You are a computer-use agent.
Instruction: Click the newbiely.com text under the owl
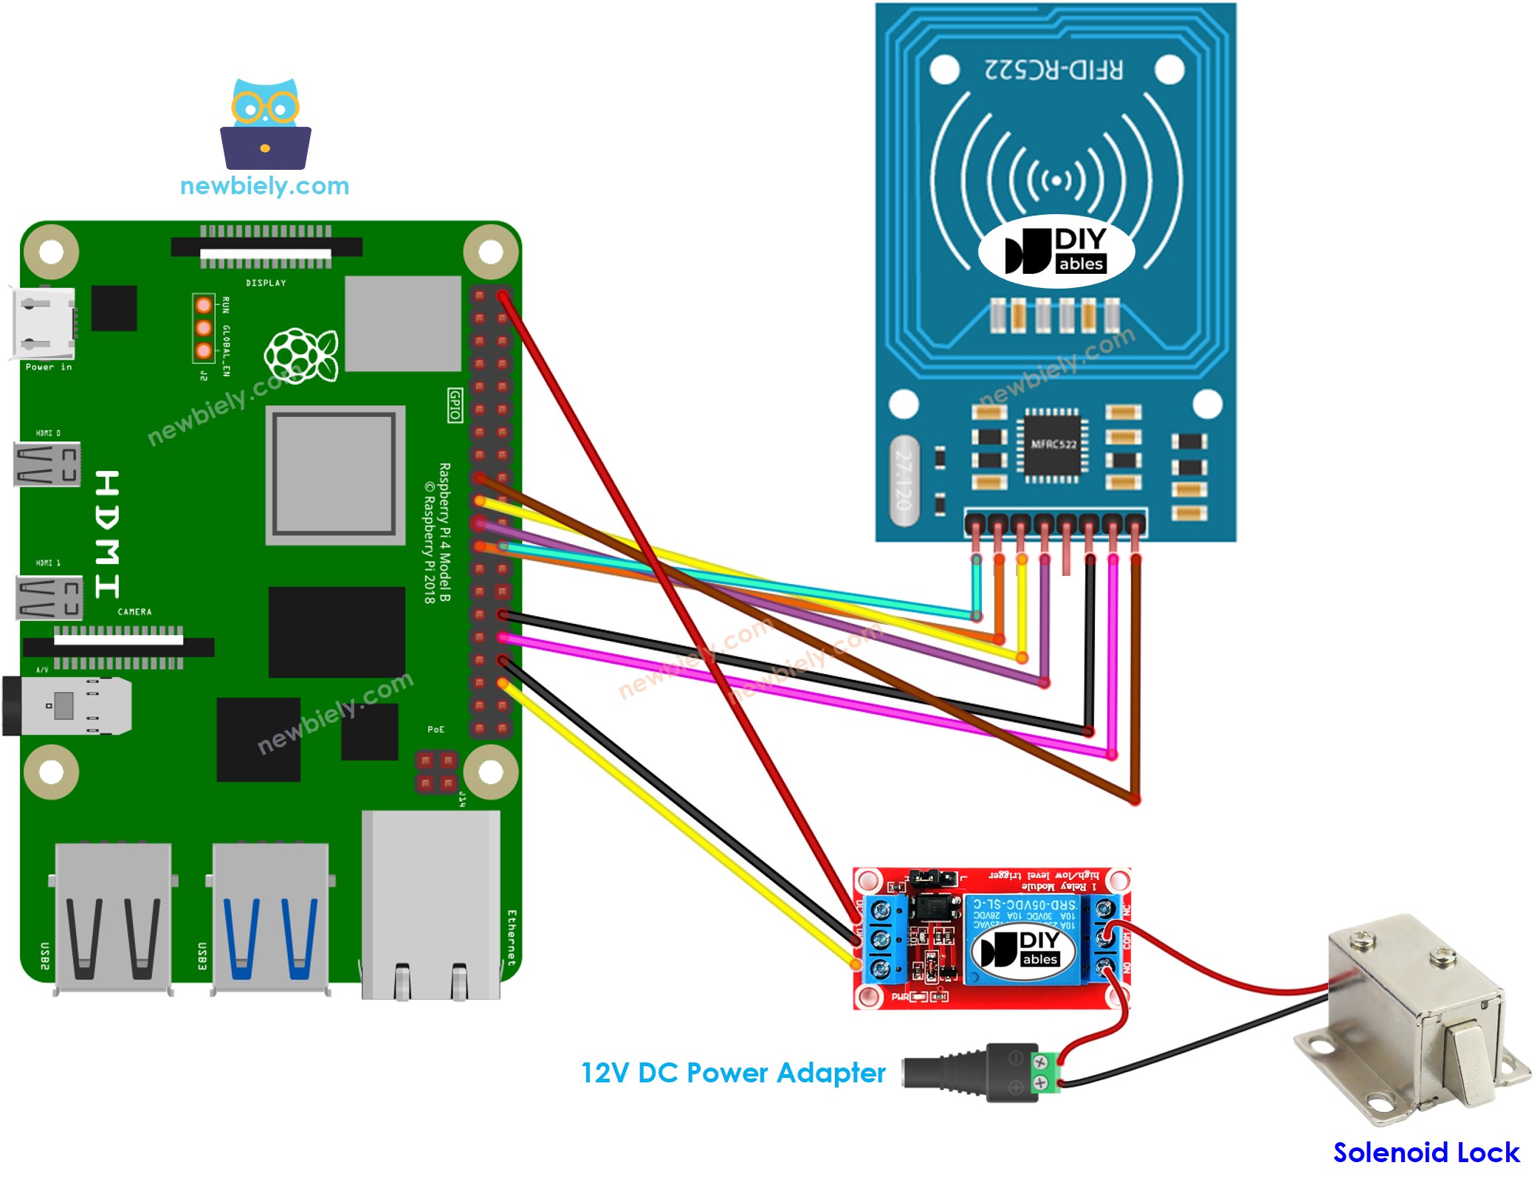point(264,186)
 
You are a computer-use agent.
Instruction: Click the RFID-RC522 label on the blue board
point(1053,69)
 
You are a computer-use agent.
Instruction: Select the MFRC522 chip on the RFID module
point(1053,444)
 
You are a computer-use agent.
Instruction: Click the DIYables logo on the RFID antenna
point(1056,252)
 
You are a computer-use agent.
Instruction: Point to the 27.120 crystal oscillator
point(904,480)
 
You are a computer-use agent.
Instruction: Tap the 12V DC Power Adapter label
point(732,1073)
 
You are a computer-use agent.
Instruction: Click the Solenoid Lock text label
point(1426,1153)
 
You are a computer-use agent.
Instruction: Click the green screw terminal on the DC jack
point(1042,1073)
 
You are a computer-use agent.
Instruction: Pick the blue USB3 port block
point(270,919)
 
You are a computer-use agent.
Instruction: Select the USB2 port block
point(114,919)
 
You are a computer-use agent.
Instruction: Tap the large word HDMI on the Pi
point(108,533)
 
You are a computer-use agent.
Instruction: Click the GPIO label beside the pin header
point(455,405)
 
